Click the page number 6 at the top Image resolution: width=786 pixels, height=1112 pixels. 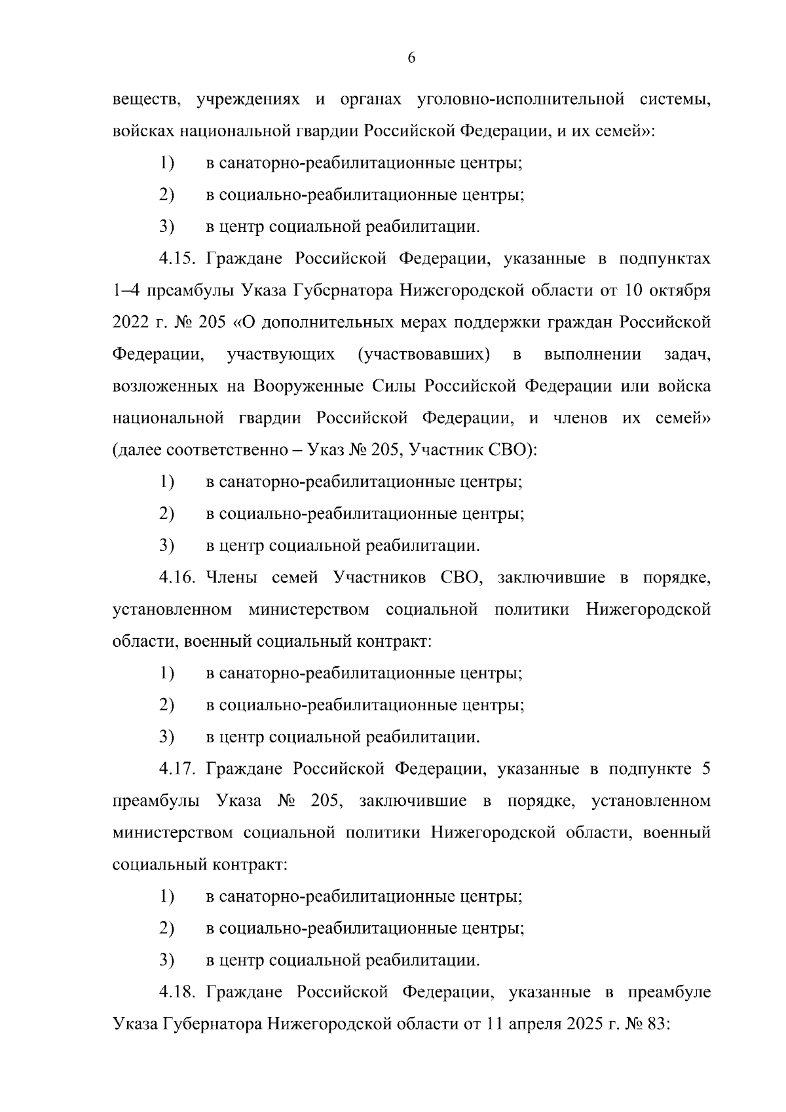click(411, 58)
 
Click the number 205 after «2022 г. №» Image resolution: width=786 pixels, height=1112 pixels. click(212, 322)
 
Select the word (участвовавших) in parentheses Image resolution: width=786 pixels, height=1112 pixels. click(424, 355)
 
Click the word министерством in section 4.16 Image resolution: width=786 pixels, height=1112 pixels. click(309, 610)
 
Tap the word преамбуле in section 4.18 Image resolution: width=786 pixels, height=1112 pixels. click(669, 993)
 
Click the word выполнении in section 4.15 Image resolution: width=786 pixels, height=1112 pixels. click(592, 355)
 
